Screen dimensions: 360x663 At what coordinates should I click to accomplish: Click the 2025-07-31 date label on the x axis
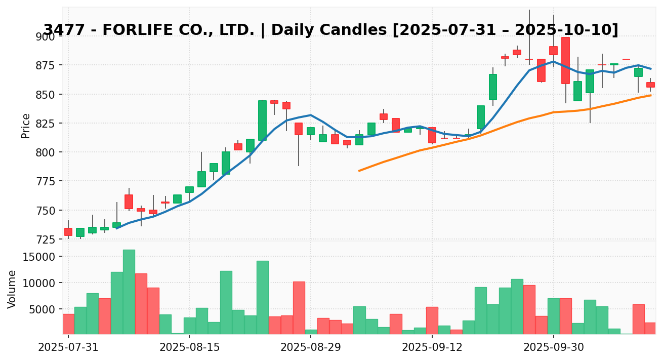(68, 348)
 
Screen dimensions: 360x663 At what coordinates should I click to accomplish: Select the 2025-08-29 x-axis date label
(311, 348)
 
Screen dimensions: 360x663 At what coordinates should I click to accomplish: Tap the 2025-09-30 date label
(553, 348)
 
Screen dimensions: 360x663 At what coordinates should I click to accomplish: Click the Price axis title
(26, 126)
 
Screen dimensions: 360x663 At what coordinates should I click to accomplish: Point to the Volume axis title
(12, 289)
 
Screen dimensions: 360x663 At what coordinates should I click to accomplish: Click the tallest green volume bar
(129, 292)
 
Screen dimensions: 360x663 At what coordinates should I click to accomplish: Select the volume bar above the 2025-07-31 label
(68, 324)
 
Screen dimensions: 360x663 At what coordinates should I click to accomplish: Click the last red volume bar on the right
(650, 328)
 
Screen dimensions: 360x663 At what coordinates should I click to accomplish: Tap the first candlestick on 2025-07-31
(68, 232)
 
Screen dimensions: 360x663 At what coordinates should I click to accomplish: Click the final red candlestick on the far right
(650, 85)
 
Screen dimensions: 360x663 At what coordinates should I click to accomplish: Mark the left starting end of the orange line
(359, 171)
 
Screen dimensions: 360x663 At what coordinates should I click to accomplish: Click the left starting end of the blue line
(117, 228)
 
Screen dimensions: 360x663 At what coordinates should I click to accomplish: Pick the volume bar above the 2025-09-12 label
(432, 321)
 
